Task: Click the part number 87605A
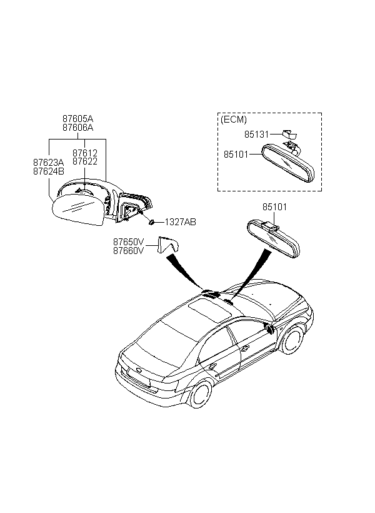click(x=77, y=118)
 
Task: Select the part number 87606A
click(x=77, y=127)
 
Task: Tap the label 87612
click(x=85, y=153)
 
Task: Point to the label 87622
click(x=85, y=161)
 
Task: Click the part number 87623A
click(x=49, y=162)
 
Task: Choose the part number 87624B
click(x=49, y=171)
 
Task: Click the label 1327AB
click(x=181, y=222)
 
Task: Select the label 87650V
click(x=129, y=241)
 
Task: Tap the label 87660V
click(x=129, y=251)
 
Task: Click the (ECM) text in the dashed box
click(x=234, y=119)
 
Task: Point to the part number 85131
click(x=257, y=134)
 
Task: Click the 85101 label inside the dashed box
click(x=236, y=154)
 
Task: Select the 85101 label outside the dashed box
click(x=274, y=207)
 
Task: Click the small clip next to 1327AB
click(x=152, y=222)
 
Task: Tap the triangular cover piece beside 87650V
click(x=167, y=244)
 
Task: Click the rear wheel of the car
click(x=200, y=394)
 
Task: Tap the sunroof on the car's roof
click(x=210, y=310)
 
